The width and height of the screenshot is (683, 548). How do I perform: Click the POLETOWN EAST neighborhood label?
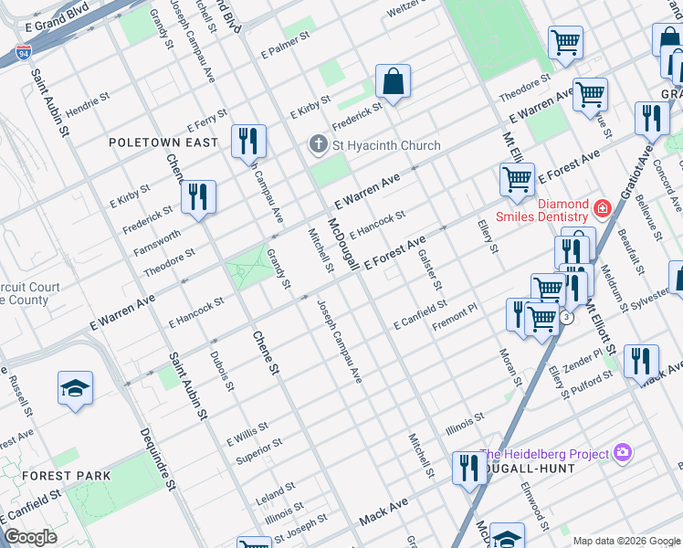tap(163, 142)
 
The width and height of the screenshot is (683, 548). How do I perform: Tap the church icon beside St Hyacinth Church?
tap(318, 145)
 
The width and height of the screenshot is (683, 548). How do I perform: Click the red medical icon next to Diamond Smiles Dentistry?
tap(602, 209)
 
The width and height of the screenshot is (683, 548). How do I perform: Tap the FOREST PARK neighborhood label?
tap(67, 476)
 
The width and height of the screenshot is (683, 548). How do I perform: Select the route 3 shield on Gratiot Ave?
tap(567, 317)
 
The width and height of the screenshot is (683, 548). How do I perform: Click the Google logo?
tap(31, 537)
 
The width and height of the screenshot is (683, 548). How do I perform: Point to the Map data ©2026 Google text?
tap(625, 541)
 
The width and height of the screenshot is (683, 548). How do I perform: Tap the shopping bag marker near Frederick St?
tap(393, 82)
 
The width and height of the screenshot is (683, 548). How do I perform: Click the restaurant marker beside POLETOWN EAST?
tap(248, 141)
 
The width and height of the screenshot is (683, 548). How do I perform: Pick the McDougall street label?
tap(342, 246)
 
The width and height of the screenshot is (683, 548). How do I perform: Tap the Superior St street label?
tap(259, 448)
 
